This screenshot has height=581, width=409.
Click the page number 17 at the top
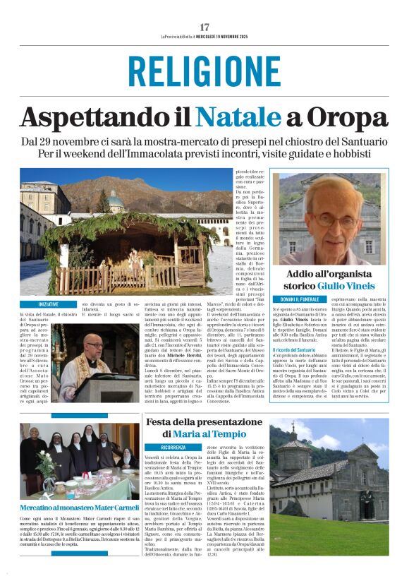[204, 28]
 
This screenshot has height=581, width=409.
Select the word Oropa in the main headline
[348, 116]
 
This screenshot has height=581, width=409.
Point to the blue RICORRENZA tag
[173, 447]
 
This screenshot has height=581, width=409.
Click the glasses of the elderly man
[331, 220]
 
